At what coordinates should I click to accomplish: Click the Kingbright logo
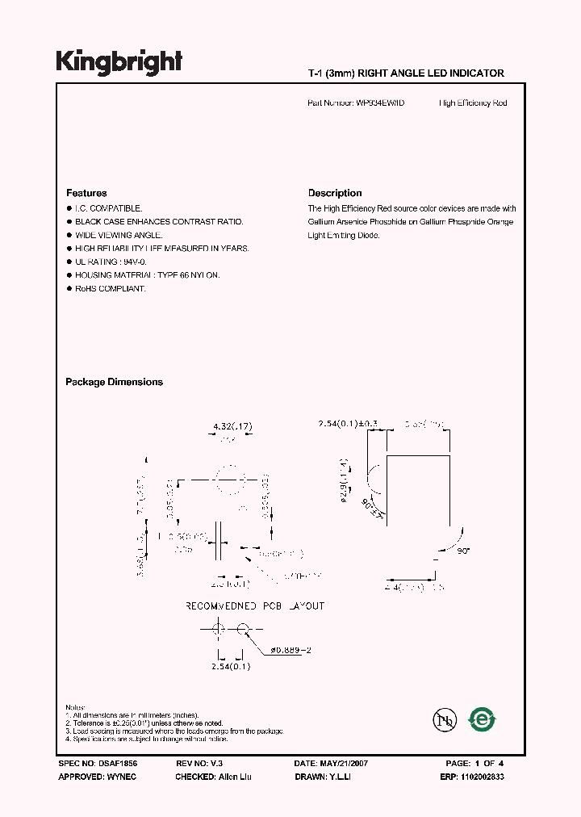point(119,62)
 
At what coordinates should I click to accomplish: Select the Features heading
point(86,193)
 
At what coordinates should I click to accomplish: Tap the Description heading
point(335,193)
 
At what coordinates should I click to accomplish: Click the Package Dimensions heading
point(114,382)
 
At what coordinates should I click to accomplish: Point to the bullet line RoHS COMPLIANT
point(111,288)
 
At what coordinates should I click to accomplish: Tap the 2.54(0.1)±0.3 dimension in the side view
point(349,423)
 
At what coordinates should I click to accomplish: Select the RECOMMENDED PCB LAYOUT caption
point(255,605)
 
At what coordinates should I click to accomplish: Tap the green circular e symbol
point(483,718)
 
